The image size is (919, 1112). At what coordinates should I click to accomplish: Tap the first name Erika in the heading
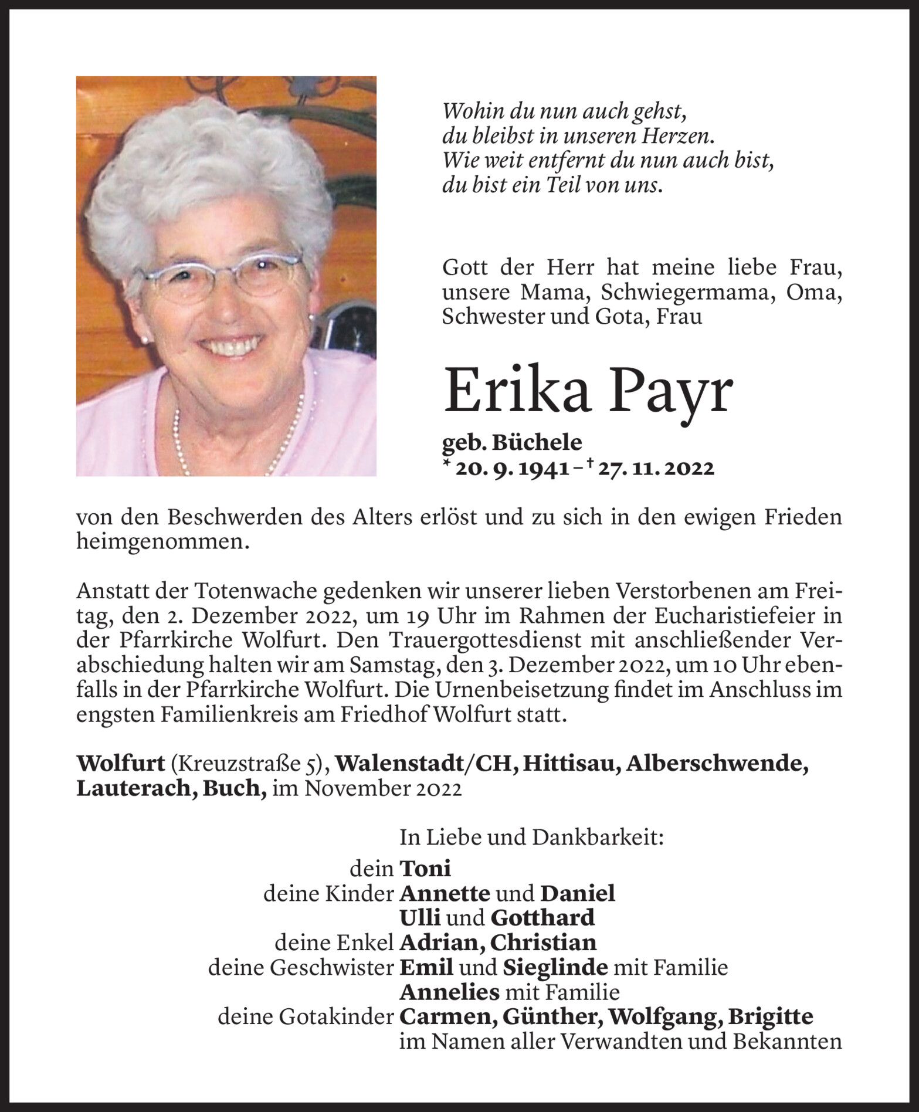pos(517,391)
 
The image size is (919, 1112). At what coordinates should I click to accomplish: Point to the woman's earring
pos(311,323)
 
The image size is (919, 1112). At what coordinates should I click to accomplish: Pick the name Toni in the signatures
pos(425,867)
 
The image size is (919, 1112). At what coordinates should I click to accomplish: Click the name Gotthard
pos(542,917)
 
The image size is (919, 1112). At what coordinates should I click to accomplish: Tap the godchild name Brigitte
pos(770,1016)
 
